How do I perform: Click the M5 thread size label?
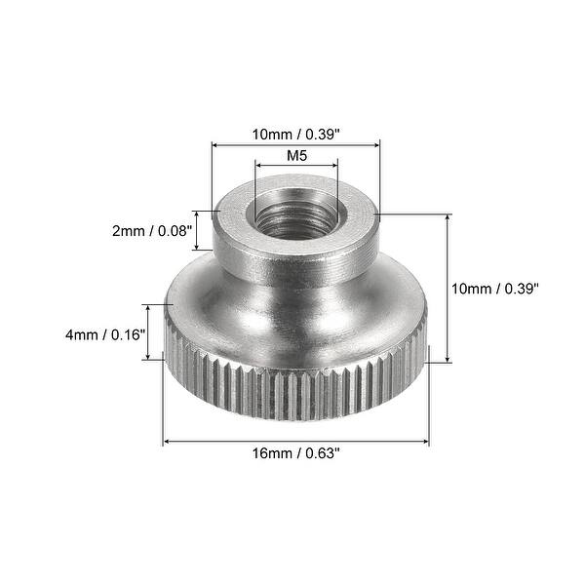pos(296,155)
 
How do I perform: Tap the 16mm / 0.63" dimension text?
pos(295,454)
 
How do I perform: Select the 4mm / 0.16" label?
pos(99,333)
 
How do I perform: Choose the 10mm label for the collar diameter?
pos(295,135)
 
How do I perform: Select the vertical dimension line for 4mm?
pos(148,332)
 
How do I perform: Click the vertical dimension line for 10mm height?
pos(448,288)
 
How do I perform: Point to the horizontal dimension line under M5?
pos(296,167)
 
